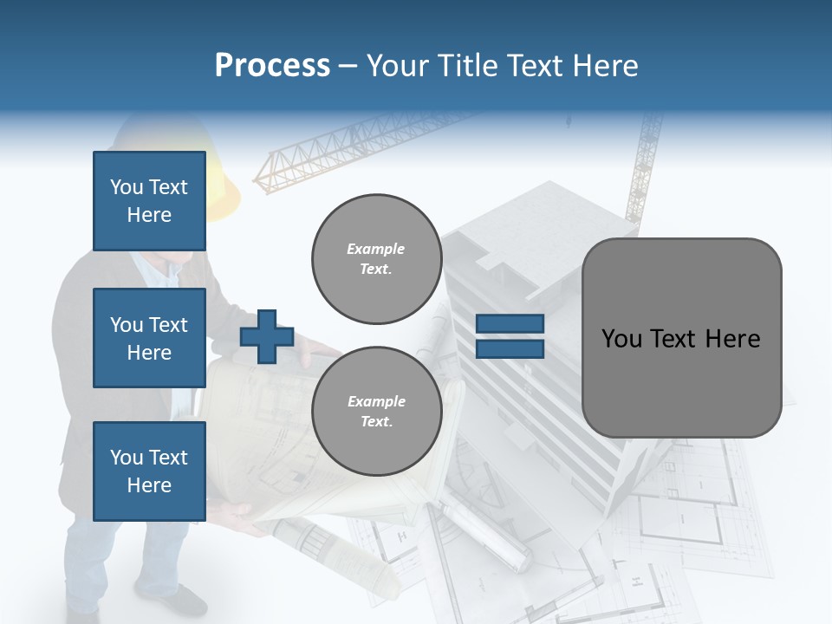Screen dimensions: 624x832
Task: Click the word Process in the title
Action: point(272,66)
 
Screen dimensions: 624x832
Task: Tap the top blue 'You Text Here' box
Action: point(149,201)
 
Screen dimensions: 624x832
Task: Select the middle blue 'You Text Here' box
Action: point(149,338)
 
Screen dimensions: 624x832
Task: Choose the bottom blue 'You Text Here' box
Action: point(149,471)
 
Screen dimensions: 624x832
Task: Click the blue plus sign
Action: point(267,336)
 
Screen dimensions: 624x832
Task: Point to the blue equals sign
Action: point(510,336)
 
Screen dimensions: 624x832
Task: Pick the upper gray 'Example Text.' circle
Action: point(376,258)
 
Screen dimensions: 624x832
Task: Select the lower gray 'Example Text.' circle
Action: point(376,411)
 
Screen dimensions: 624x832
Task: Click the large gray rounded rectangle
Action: point(681,338)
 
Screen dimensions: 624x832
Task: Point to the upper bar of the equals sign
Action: point(510,324)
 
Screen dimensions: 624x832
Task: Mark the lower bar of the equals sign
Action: point(510,348)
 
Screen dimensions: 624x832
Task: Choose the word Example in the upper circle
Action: point(376,249)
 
